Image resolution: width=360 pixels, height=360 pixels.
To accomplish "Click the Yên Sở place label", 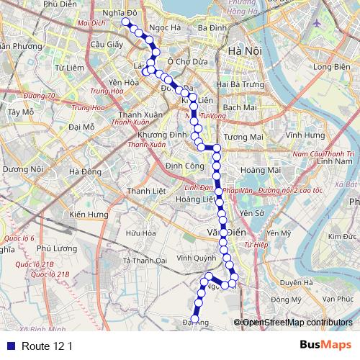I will point(253,213).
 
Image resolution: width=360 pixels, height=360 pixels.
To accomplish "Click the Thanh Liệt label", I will point(147,191).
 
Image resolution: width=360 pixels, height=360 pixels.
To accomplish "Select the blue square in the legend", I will point(9,346).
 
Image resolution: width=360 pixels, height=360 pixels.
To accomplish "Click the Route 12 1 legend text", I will point(48,346).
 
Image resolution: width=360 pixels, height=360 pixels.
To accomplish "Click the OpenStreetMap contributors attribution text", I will point(297,323).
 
